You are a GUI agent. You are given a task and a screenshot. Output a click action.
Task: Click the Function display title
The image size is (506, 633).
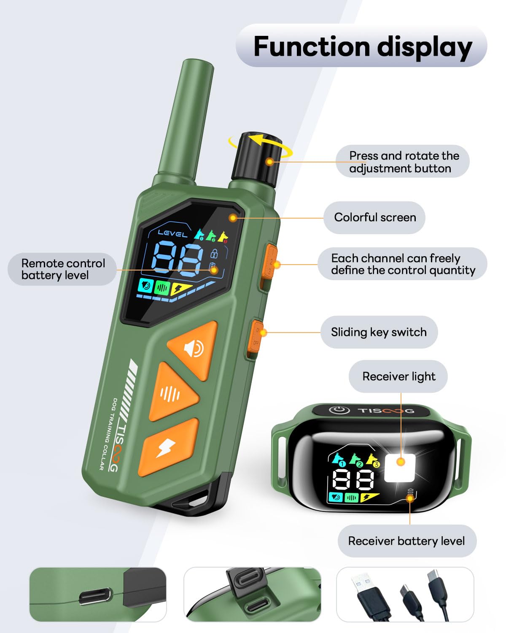(x=362, y=46)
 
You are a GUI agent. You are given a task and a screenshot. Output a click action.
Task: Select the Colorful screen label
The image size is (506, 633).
(x=374, y=217)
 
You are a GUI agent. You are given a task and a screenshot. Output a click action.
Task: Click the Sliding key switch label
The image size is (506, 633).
(x=379, y=332)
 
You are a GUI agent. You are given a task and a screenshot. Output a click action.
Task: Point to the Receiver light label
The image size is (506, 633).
(x=398, y=376)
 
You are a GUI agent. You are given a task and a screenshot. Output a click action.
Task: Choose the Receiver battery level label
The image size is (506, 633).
(x=406, y=541)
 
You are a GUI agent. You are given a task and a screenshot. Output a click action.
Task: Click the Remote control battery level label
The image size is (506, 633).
(x=62, y=269)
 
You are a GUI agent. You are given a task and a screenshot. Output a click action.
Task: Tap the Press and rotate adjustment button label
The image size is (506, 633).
(x=403, y=162)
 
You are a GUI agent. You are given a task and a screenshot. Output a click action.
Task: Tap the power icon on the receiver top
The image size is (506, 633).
(x=339, y=410)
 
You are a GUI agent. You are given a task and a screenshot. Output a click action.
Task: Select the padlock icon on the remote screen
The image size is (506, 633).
(x=214, y=254)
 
